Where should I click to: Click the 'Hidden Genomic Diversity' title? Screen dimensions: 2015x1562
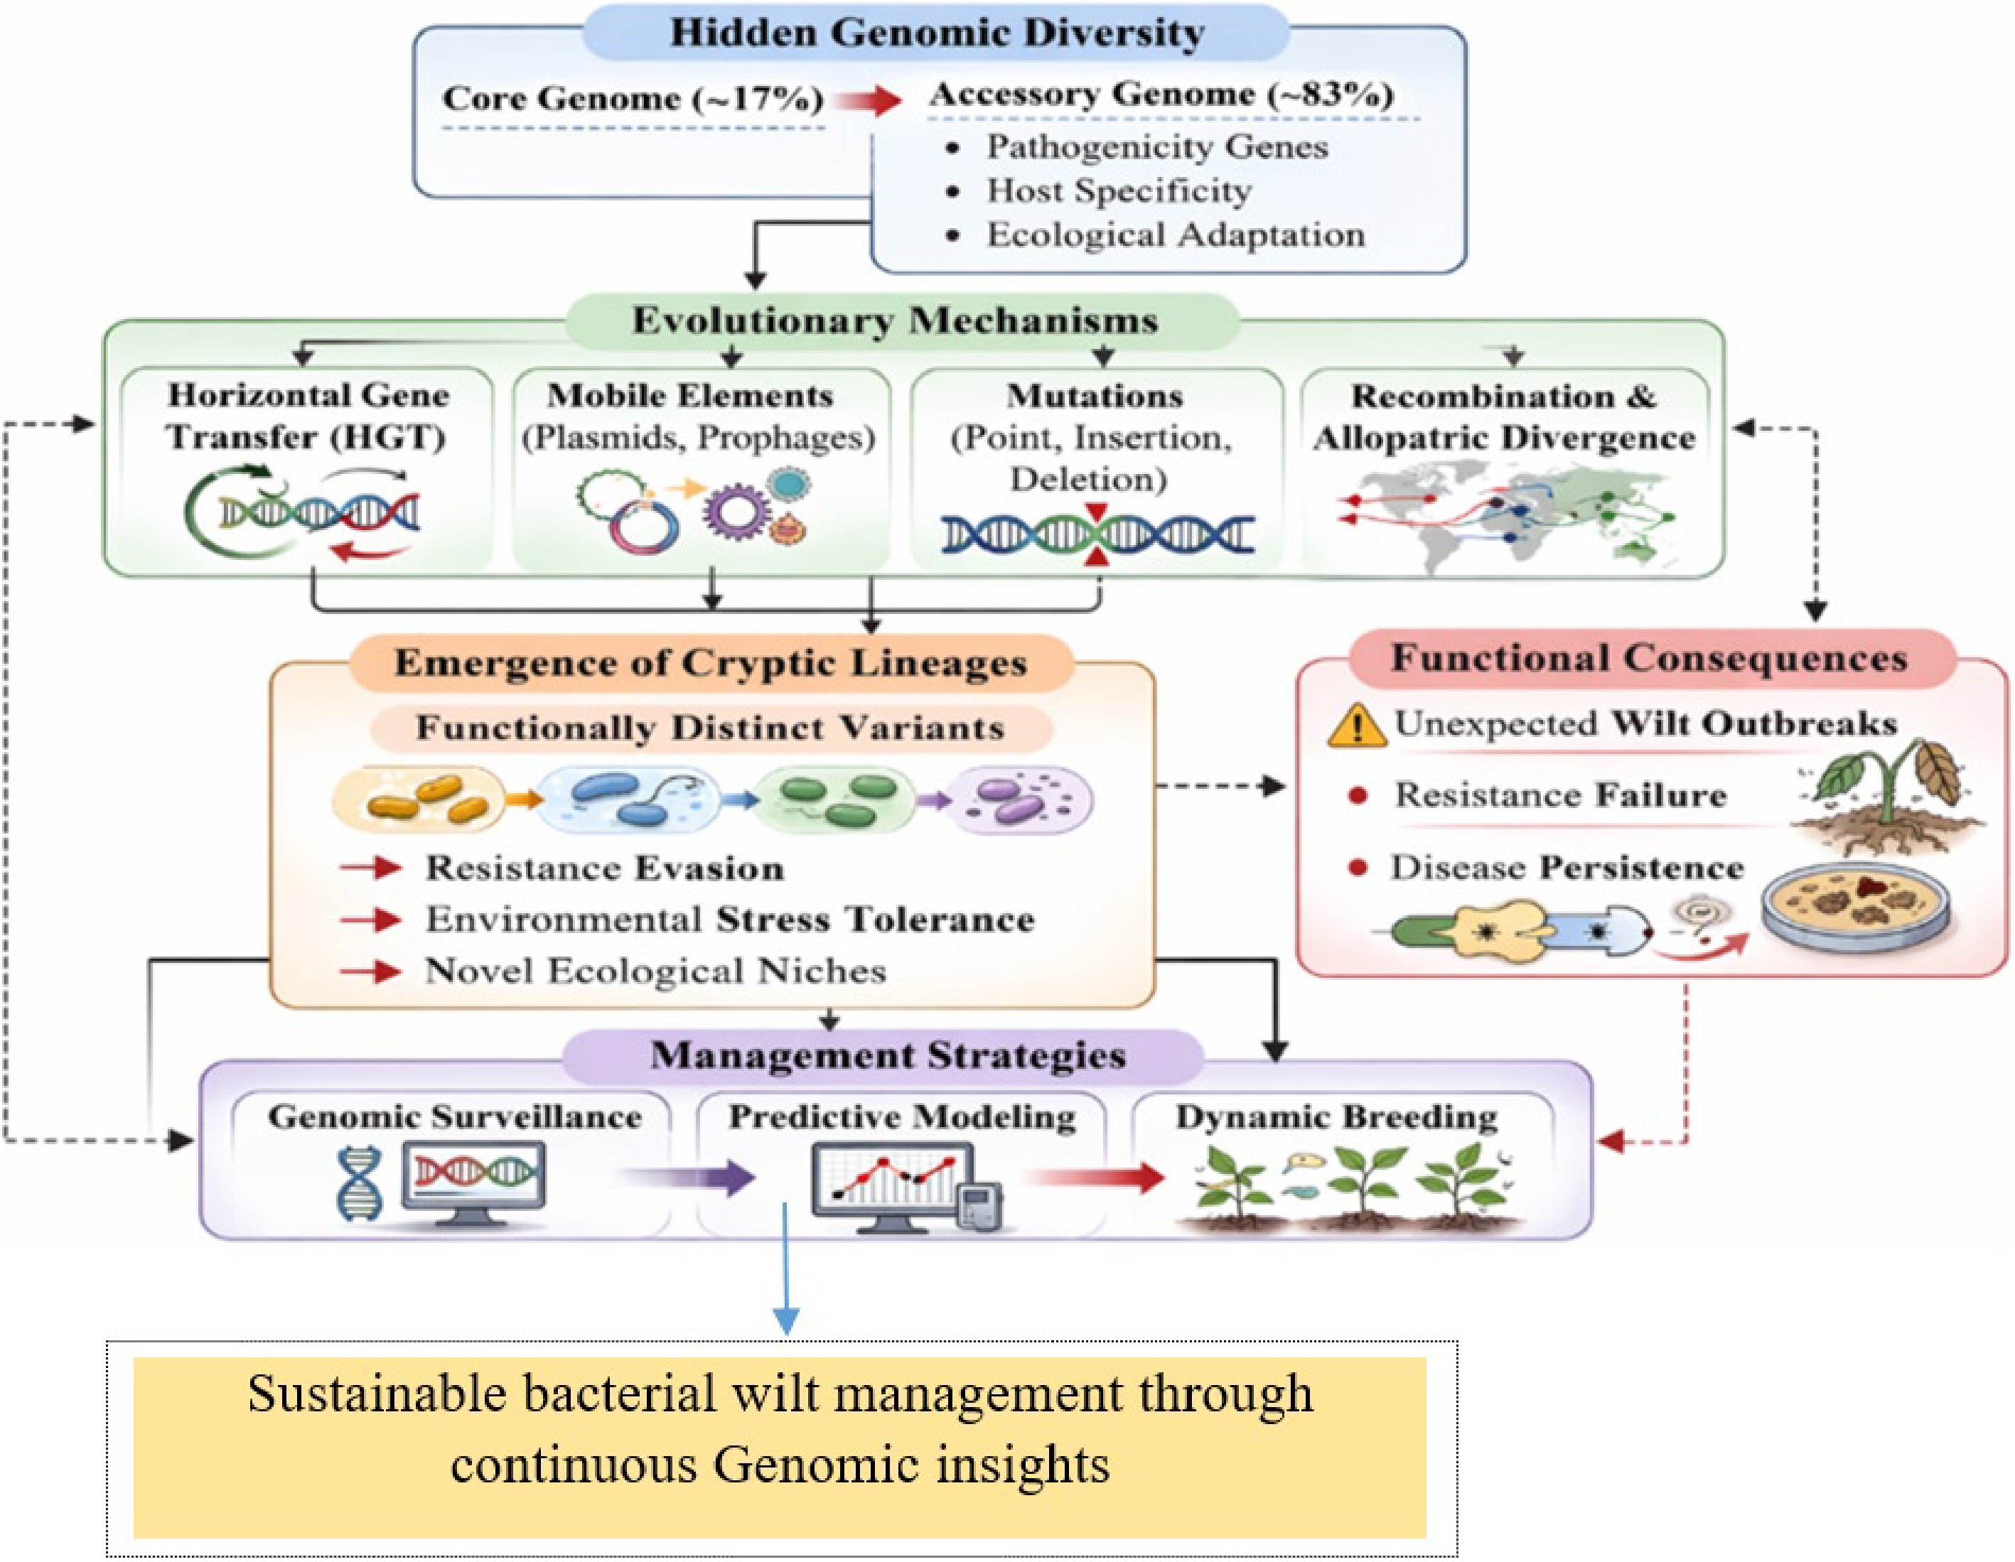937,33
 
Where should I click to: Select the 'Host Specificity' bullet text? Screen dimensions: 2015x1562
1119,191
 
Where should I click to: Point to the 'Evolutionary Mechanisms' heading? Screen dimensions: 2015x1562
894,321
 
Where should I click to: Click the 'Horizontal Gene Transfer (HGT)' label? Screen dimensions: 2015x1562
307,416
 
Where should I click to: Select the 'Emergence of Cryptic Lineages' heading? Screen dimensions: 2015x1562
711,663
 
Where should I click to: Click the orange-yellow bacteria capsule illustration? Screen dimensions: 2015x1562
421,799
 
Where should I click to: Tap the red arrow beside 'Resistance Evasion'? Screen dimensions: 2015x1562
371,868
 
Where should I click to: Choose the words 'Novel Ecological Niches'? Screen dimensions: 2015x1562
655,971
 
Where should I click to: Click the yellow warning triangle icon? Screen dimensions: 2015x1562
1355,725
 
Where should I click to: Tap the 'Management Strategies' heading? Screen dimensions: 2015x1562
888,1055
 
